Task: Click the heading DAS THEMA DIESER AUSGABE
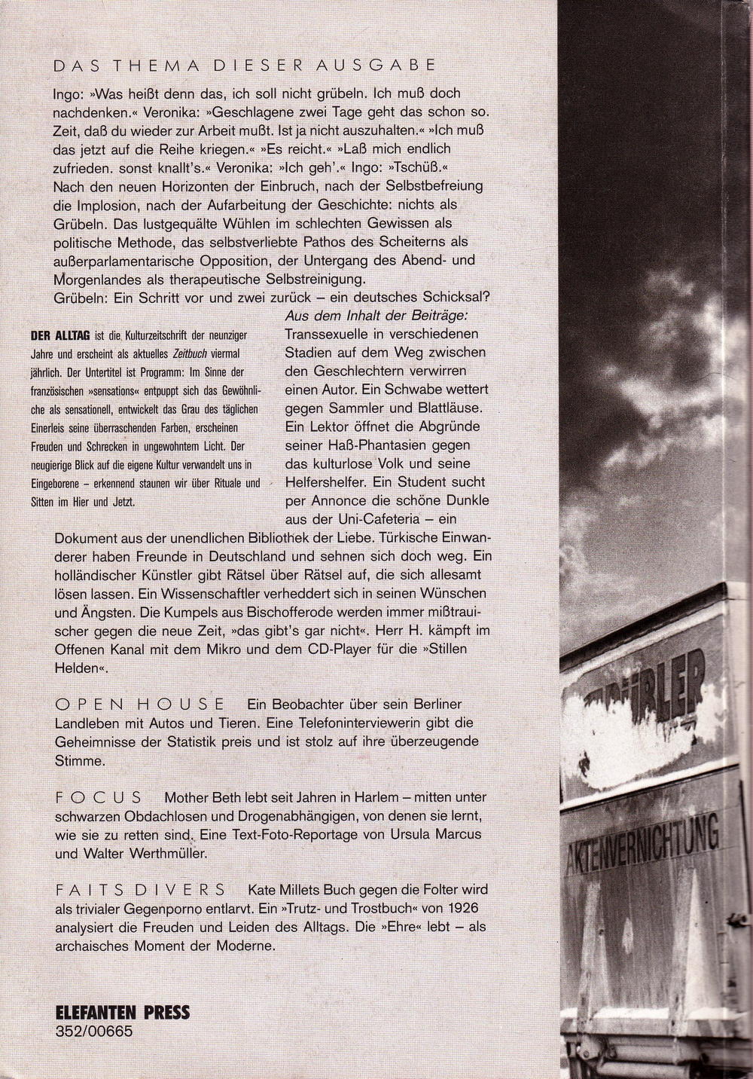[x=245, y=66]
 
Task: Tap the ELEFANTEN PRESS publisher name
[x=123, y=1012]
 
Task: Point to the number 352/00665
[x=93, y=1031]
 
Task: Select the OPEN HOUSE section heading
[x=140, y=704]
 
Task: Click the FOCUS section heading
[x=99, y=796]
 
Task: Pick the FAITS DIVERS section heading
[x=140, y=889]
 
